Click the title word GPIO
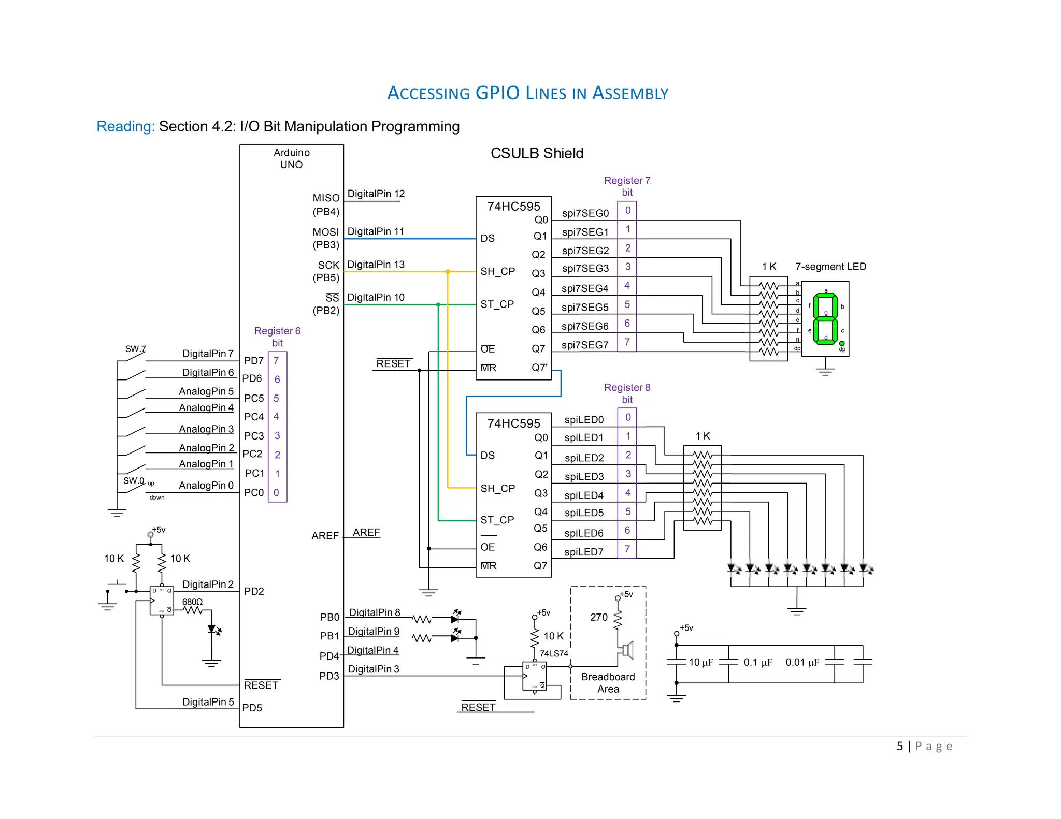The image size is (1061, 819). (497, 93)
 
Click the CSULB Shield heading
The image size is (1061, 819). (537, 153)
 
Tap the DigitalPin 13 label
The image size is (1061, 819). (376, 265)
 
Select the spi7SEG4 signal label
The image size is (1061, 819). (585, 288)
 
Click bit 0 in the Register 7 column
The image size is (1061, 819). (627, 210)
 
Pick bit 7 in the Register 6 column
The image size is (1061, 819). (277, 361)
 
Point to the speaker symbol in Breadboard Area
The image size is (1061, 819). (627, 649)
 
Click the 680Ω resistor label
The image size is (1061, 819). (192, 602)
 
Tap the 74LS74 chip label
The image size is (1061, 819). (554, 653)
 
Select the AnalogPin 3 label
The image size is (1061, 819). (206, 429)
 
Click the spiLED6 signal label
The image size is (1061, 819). (584, 533)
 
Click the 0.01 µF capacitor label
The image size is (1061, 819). (802, 662)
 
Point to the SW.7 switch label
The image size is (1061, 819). (135, 349)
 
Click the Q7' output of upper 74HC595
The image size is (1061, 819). (539, 368)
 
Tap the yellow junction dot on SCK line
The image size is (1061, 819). (448, 272)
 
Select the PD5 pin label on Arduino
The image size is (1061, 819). (252, 708)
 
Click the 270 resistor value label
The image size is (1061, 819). (599, 617)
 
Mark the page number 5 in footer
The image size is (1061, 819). (900, 746)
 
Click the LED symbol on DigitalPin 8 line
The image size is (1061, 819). (455, 618)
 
